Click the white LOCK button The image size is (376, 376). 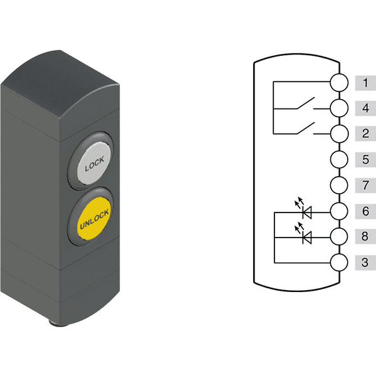click(x=94, y=163)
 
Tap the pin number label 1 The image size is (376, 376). click(x=365, y=83)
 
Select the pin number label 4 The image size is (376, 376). click(x=365, y=108)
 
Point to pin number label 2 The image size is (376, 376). click(x=365, y=133)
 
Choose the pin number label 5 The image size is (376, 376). click(x=365, y=159)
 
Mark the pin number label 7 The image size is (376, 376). click(x=365, y=185)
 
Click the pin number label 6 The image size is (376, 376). click(x=365, y=211)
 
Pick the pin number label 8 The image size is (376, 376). click(x=365, y=236)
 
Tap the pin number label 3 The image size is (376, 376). click(x=365, y=263)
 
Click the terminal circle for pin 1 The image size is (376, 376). click(x=339, y=83)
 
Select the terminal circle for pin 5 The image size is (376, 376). click(x=339, y=159)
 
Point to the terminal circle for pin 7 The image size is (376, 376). click(x=339, y=185)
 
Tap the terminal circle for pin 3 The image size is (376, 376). click(x=339, y=263)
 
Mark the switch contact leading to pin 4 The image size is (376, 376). click(x=306, y=103)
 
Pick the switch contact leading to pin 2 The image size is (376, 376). click(x=306, y=128)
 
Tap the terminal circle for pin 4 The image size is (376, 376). click(x=339, y=108)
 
